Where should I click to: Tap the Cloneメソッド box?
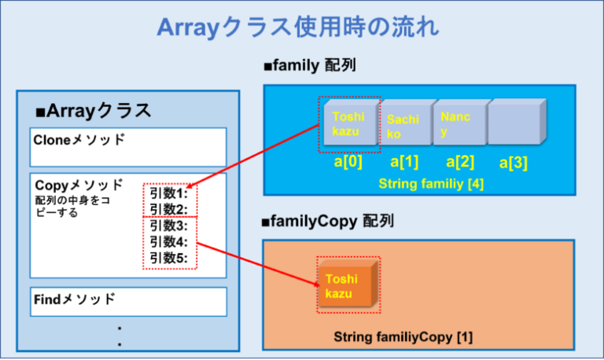[128, 145]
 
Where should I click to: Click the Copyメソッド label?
[79, 185]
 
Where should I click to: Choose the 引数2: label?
[168, 208]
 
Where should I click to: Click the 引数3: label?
[168, 226]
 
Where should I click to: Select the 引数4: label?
[168, 241]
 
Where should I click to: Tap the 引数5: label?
[168, 258]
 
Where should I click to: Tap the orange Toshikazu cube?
[347, 285]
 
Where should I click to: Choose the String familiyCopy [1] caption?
[403, 337]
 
